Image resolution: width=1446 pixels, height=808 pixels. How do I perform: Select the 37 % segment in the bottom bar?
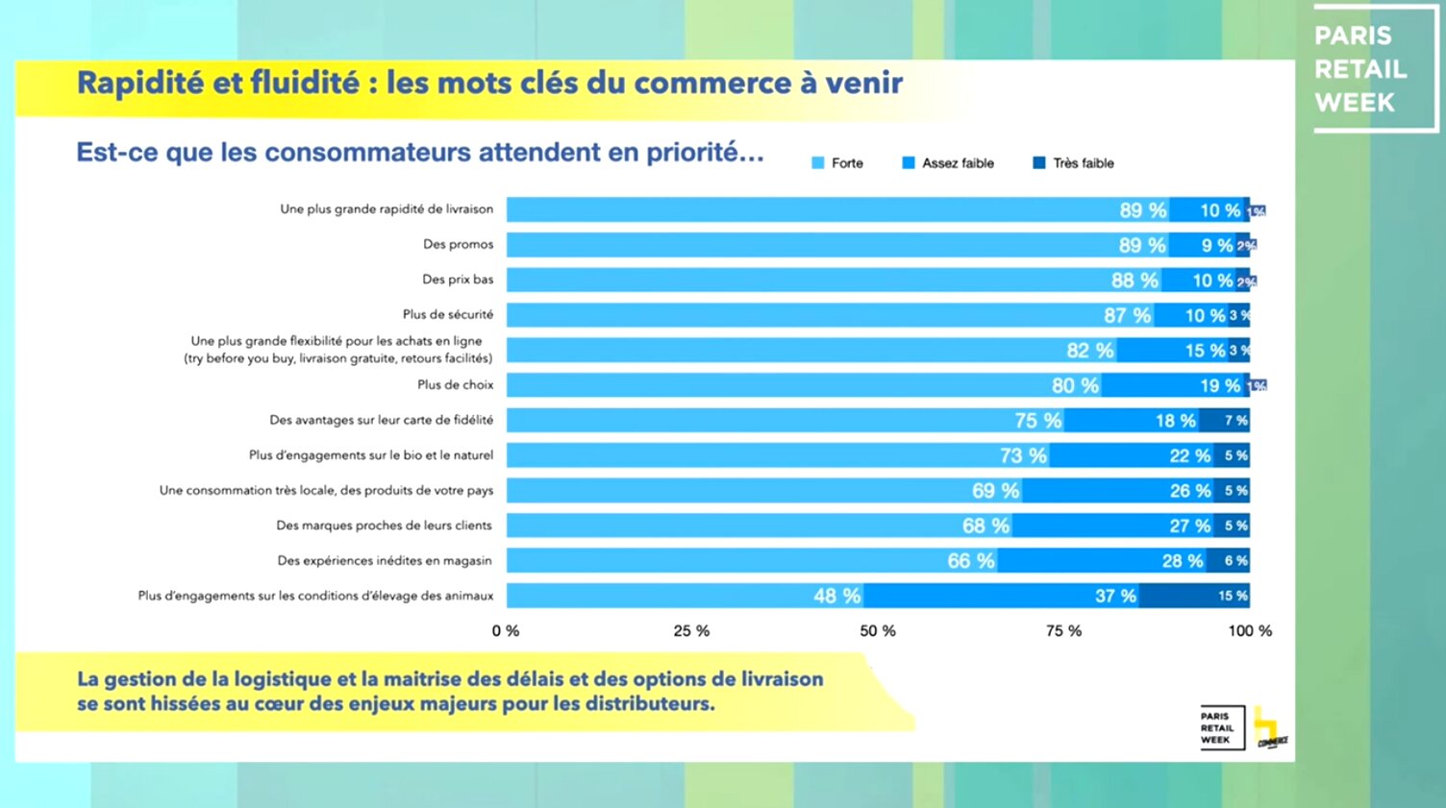tap(1001, 596)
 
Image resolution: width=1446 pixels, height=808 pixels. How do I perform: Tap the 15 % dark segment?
tap(1195, 596)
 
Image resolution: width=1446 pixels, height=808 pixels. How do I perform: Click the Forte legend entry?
tap(837, 163)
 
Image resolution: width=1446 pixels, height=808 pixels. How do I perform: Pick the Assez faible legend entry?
tap(948, 163)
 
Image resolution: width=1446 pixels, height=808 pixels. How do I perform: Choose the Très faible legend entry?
tap(1073, 163)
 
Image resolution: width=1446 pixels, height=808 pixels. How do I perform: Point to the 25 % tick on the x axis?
tap(691, 631)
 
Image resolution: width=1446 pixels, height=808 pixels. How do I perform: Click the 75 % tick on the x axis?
tap(1063, 631)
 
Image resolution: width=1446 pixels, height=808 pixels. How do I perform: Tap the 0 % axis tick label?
tap(506, 631)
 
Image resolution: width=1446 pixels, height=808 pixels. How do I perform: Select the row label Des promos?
tap(458, 244)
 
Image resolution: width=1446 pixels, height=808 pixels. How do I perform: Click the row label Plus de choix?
tap(455, 384)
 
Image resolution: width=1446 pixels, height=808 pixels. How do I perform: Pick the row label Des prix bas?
tap(458, 280)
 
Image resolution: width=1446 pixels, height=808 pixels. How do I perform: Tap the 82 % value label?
tap(1090, 351)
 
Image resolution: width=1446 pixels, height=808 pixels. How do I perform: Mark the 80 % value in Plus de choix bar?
tap(1075, 385)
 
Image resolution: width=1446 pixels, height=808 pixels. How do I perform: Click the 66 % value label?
tap(971, 561)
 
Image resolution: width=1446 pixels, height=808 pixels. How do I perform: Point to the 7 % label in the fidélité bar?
tap(1235, 421)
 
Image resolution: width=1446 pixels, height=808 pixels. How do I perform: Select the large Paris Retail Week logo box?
tap(1374, 68)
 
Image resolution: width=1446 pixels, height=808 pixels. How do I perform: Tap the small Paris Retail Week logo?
tap(1220, 728)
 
